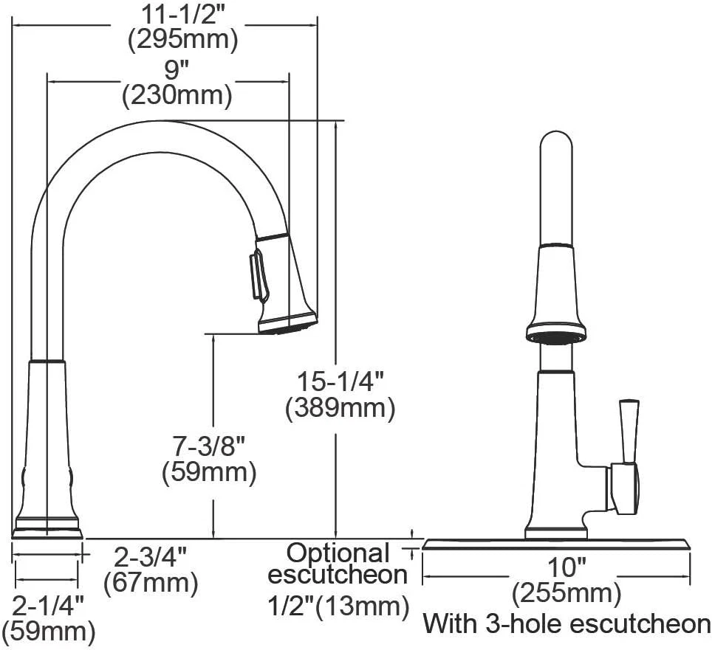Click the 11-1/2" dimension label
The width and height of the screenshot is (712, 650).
click(183, 15)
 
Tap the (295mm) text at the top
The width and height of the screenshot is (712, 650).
click(182, 40)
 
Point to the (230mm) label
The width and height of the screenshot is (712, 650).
click(177, 95)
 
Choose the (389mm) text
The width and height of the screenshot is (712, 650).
click(340, 408)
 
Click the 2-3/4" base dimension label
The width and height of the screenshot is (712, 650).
click(150, 558)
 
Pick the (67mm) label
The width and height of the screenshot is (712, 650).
click(151, 582)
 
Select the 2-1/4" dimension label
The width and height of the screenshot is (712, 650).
click(48, 606)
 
